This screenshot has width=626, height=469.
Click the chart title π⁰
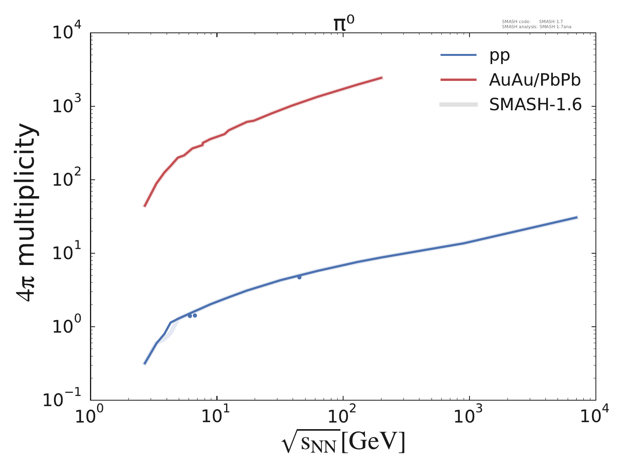click(343, 24)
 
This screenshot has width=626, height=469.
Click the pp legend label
click(500, 55)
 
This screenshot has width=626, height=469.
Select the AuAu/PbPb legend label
click(535, 80)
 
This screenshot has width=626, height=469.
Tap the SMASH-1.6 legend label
click(535, 105)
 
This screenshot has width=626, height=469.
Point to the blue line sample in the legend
click(459, 55)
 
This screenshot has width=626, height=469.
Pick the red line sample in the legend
click(459, 80)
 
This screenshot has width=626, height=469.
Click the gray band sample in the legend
click(459, 104)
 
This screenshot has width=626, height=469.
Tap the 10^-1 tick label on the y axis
click(63, 400)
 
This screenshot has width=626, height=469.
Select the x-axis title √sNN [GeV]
click(343, 443)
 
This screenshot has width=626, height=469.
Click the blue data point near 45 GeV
click(299, 277)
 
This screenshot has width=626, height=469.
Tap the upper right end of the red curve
click(381, 78)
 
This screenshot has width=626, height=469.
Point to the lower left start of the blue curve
click(145, 364)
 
